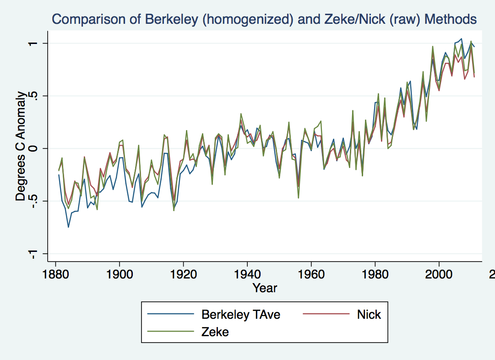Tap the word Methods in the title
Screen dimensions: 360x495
click(450, 19)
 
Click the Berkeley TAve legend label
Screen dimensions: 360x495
click(240, 314)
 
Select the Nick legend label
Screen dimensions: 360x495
click(369, 314)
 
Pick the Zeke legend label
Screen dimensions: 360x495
click(215, 332)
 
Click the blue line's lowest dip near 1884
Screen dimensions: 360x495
click(68, 227)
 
